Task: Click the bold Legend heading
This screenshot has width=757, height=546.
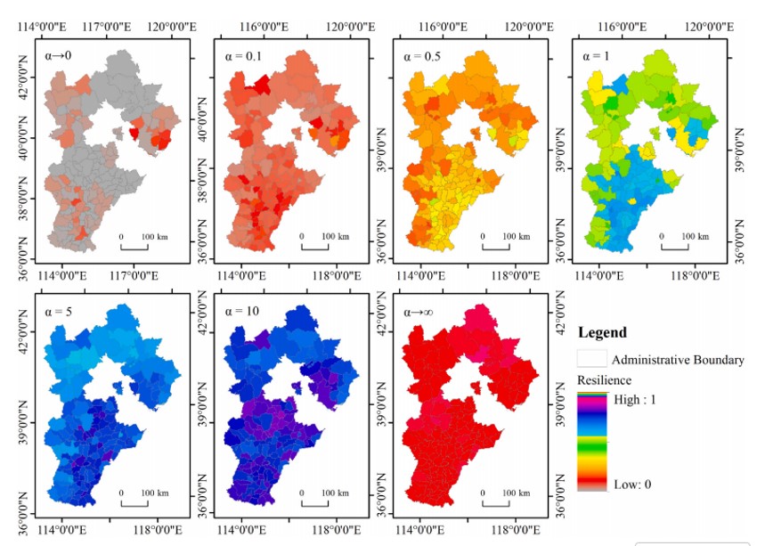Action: coord(602,333)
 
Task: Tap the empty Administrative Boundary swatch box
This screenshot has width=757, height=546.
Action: coord(592,359)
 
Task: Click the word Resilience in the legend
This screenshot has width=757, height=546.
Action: coord(602,380)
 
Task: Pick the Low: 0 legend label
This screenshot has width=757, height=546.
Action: coord(633,485)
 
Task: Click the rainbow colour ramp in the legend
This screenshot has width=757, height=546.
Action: coord(592,441)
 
